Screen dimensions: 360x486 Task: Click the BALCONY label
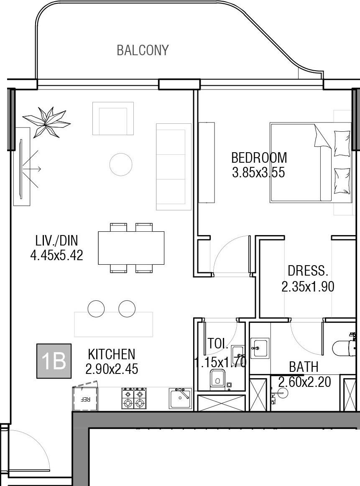click(143, 50)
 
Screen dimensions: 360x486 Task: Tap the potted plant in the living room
click(46, 122)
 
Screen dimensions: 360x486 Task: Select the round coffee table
click(121, 164)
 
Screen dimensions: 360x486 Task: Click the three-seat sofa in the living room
click(174, 167)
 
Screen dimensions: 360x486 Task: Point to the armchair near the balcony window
click(113, 118)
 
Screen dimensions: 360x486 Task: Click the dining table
click(131, 248)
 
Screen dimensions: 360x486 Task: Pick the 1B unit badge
click(54, 361)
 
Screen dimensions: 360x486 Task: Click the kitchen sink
click(180, 398)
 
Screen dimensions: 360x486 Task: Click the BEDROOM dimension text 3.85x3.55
click(258, 172)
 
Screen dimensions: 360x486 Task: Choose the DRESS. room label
click(308, 271)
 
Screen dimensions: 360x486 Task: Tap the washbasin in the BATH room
click(260, 348)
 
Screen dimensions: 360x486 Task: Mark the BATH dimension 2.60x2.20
click(304, 382)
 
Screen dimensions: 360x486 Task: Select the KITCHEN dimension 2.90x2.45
click(112, 369)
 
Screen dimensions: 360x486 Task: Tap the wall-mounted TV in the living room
click(21, 169)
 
